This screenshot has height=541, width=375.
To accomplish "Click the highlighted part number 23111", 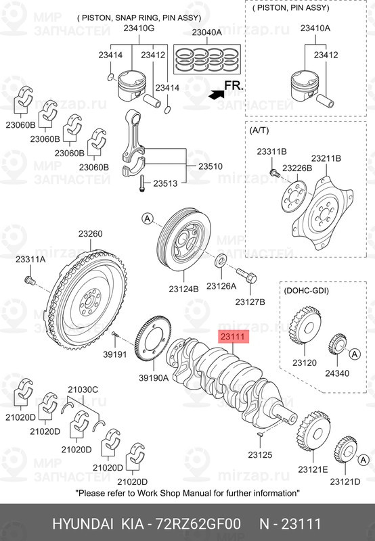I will click(x=232, y=336).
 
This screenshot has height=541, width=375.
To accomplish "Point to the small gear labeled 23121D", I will click(x=347, y=451).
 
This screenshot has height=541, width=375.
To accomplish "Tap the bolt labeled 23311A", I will click(x=29, y=279).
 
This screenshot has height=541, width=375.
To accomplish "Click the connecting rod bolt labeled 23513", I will click(x=141, y=183).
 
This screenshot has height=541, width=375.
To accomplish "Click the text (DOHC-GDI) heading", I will click(x=306, y=290).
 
